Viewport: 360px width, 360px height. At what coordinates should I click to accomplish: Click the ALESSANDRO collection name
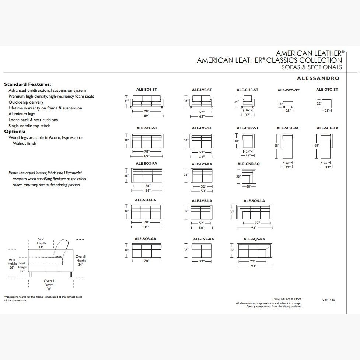click(x=318, y=78)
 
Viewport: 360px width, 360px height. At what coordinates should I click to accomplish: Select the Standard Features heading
click(x=28, y=84)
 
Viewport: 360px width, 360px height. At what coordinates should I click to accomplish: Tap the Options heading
click(x=15, y=131)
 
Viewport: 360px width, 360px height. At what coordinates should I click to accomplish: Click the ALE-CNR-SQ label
click(x=248, y=164)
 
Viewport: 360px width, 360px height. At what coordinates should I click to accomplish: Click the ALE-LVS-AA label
click(x=203, y=239)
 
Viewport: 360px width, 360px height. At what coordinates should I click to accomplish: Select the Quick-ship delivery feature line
click(x=26, y=102)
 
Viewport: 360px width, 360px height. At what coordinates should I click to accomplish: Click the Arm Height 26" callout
click(x=12, y=263)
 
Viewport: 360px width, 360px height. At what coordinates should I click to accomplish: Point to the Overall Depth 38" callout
click(x=49, y=284)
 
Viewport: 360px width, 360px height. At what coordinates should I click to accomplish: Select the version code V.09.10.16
click(x=328, y=300)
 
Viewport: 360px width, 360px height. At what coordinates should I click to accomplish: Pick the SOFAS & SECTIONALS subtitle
click(x=312, y=67)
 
